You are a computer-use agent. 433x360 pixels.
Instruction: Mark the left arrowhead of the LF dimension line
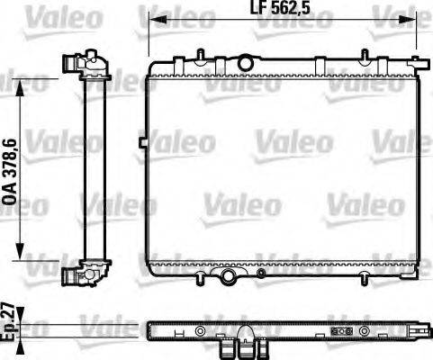154,24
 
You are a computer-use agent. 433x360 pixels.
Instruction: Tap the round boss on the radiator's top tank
243,62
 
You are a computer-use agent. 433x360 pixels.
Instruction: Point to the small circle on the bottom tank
260,273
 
